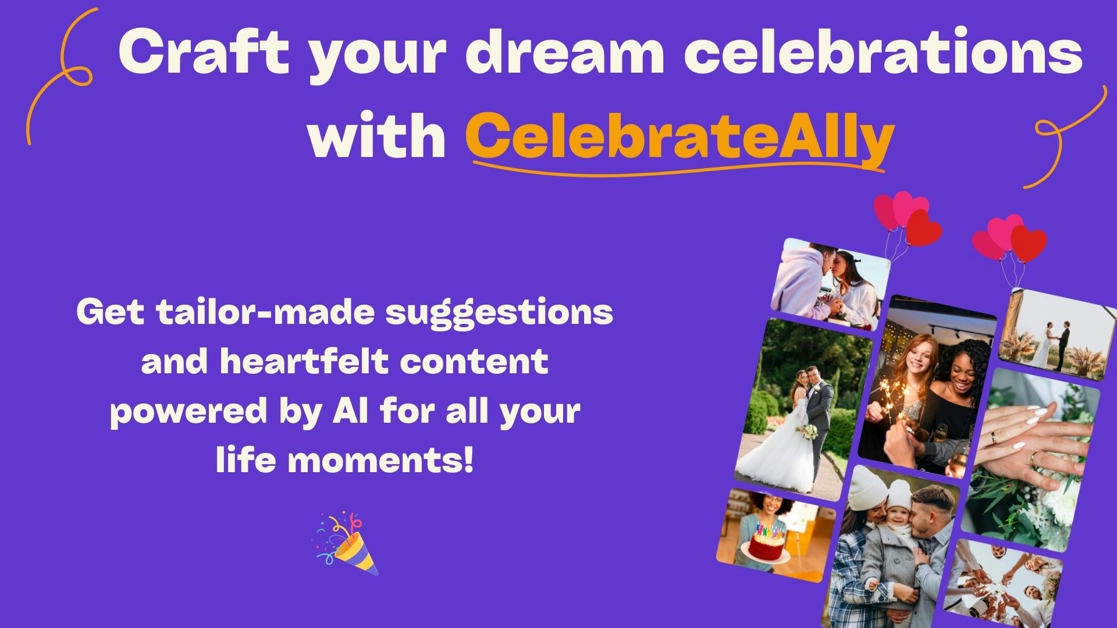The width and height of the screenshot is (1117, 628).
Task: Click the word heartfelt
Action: [304, 362]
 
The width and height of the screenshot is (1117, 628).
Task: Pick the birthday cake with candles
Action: [767, 543]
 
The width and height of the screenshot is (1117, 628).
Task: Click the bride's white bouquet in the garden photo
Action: [808, 431]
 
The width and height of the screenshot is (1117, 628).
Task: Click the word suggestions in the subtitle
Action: [499, 312]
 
